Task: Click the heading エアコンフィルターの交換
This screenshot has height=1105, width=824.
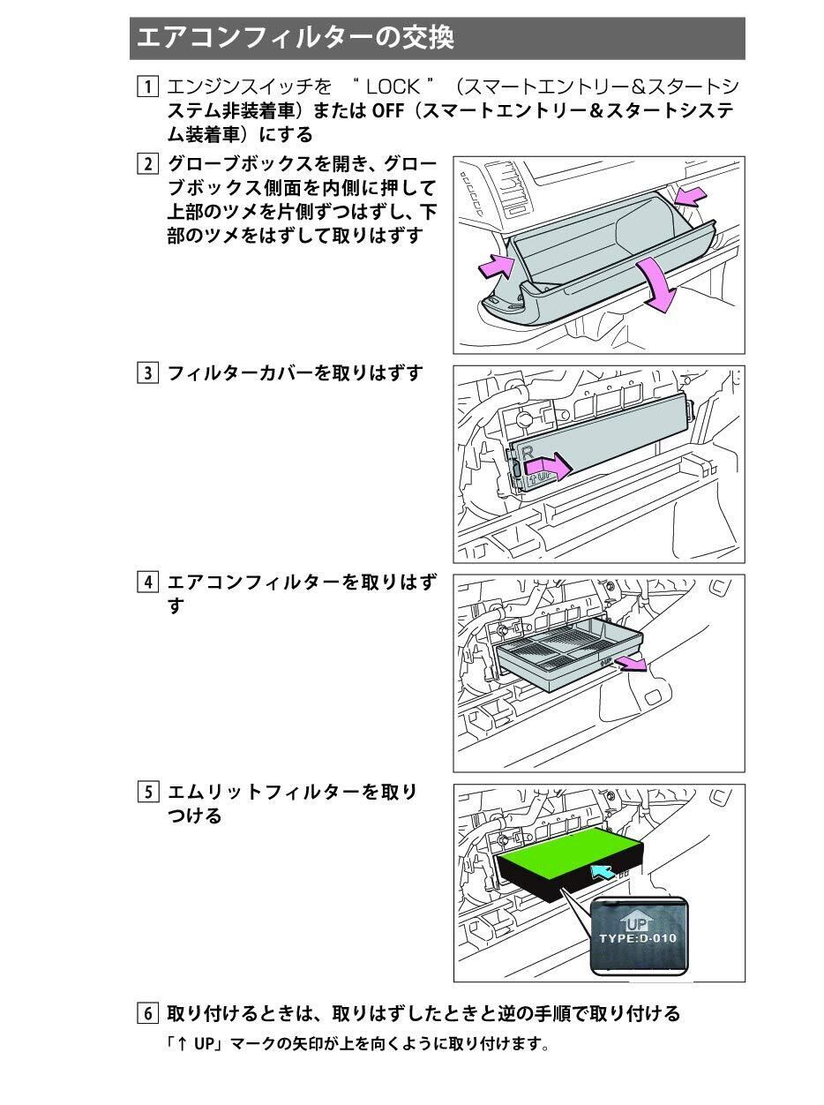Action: click(x=296, y=38)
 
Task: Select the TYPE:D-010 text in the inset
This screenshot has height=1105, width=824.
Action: click(x=638, y=938)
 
